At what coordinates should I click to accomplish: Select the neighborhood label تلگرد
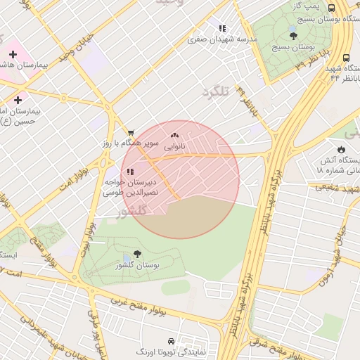(x=216, y=92)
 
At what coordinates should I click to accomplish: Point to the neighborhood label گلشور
(x=131, y=211)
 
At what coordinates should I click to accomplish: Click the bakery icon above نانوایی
(x=174, y=135)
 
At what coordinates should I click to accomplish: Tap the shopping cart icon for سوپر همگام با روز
(x=131, y=132)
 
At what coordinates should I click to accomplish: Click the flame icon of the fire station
(x=341, y=150)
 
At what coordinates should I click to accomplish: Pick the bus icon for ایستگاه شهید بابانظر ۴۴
(x=345, y=59)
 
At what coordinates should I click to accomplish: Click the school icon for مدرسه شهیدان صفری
(x=222, y=29)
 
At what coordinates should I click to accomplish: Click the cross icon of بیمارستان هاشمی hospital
(x=13, y=53)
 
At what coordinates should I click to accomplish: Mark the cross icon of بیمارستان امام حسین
(x=18, y=101)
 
